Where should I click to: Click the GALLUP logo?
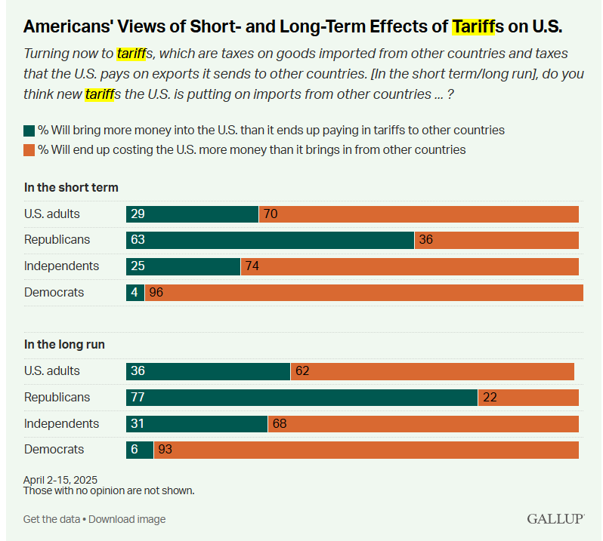point(555,519)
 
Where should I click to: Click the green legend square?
point(29,131)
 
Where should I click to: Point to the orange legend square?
point(29,149)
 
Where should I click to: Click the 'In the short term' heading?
point(71,187)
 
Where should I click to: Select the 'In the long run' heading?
point(64,344)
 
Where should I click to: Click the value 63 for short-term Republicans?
point(138,240)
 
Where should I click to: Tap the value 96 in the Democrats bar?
point(156,293)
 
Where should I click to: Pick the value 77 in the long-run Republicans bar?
point(138,398)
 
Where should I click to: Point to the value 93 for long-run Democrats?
point(165,450)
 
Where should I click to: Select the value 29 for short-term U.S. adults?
point(137,214)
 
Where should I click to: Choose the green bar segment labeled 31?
point(196,424)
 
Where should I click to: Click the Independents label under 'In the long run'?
point(61,423)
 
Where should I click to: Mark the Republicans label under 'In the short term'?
point(57,240)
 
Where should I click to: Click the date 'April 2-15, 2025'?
point(60,480)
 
